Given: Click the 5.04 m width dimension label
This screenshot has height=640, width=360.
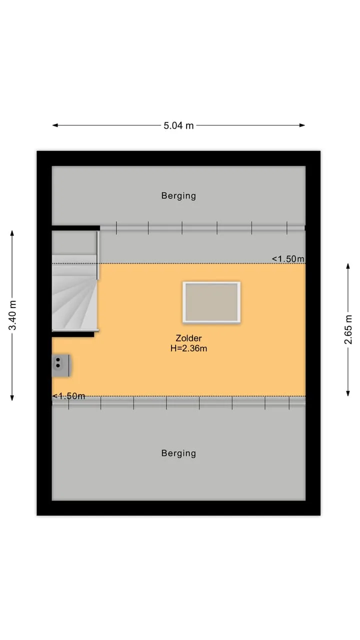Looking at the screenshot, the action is [x=178, y=125].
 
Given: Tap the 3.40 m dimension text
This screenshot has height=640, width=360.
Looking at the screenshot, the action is [x=12, y=315].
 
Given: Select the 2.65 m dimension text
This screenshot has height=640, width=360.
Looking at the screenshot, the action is [x=348, y=329].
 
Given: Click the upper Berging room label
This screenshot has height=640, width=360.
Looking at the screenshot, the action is [x=178, y=195].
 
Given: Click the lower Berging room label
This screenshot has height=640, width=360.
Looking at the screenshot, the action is [x=178, y=453].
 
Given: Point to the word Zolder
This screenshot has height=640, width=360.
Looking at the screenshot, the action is [x=188, y=338].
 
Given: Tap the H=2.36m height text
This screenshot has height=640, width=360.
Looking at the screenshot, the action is [x=188, y=348].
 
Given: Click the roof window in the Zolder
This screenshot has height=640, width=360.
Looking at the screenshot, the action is [x=211, y=302].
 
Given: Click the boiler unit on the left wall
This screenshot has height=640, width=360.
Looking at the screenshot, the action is [x=61, y=365].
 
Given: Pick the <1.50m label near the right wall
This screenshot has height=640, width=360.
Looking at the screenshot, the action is [x=288, y=259].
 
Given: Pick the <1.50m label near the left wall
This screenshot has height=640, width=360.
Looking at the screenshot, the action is [x=69, y=396].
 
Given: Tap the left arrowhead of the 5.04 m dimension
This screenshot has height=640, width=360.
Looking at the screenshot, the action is [x=55, y=125].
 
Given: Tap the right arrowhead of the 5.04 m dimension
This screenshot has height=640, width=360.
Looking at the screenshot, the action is [x=302, y=125].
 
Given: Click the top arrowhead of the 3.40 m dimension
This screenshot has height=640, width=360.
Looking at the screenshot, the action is [x=12, y=233].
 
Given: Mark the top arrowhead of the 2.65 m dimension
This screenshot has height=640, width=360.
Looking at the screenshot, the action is [x=348, y=266].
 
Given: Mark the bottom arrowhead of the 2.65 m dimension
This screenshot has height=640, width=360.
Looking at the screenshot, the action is [x=348, y=393].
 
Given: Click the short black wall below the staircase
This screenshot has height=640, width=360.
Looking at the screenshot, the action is [x=73, y=334].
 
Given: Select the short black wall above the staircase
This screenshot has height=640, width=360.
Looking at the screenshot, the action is [x=76, y=228].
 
